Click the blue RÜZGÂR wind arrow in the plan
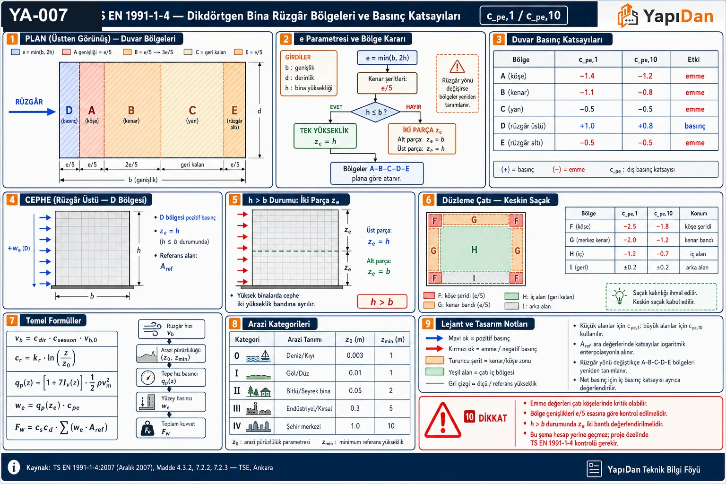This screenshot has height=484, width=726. (x=32, y=112)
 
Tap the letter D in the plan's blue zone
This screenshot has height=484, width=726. (x=69, y=111)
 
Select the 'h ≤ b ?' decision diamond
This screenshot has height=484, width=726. (x=376, y=112)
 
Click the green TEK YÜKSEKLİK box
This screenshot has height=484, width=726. (x=325, y=136)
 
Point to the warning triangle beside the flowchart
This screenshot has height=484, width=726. (x=457, y=67)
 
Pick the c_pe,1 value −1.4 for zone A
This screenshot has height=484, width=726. (x=587, y=76)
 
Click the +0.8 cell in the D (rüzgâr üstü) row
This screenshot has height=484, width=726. (x=645, y=126)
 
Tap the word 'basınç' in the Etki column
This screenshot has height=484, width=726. (x=694, y=126)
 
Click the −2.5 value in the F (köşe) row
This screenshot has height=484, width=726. (x=630, y=226)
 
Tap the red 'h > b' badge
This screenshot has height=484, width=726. (x=382, y=302)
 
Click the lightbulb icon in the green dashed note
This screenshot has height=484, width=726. (x=619, y=296)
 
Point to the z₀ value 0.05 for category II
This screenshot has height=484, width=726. (x=355, y=390)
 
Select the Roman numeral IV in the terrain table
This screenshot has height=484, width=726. (x=237, y=426)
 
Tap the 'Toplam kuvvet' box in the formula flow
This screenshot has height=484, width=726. (x=171, y=428)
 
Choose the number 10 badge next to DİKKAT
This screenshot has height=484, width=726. (x=469, y=417)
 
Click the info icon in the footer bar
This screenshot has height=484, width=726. (x=14, y=467)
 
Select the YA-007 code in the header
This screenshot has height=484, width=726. (x=39, y=15)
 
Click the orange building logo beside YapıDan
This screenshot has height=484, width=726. (x=628, y=15)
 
